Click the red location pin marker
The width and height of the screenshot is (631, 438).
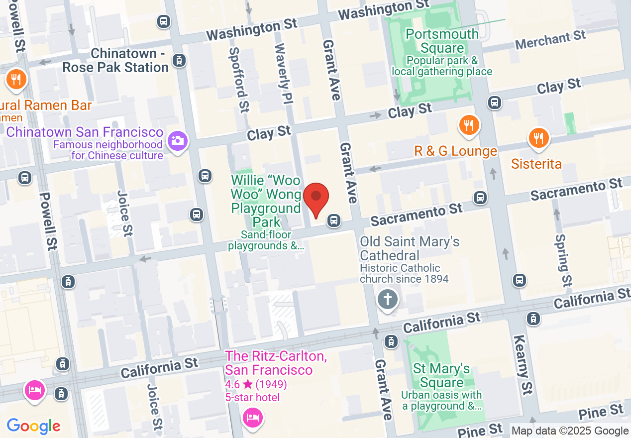[x=316, y=199]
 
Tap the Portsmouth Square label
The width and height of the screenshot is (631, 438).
[x=442, y=41]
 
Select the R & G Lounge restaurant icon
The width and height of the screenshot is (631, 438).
[x=468, y=125]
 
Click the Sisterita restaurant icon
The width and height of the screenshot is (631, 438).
[x=538, y=138]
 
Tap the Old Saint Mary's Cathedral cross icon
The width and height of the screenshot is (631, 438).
[x=388, y=300]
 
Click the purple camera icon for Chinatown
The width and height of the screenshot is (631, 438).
[x=177, y=141]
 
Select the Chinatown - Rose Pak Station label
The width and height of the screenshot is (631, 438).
[x=115, y=60]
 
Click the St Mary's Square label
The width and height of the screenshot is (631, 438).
[x=441, y=376]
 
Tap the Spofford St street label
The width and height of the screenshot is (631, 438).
[x=239, y=80]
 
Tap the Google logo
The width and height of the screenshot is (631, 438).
[x=33, y=426]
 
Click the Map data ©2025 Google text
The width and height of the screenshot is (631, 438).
[x=570, y=431]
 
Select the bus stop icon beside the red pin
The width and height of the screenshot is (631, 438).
[x=334, y=219]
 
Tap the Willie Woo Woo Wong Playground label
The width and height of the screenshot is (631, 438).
[x=266, y=201]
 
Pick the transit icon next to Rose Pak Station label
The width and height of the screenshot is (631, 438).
[x=178, y=61]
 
